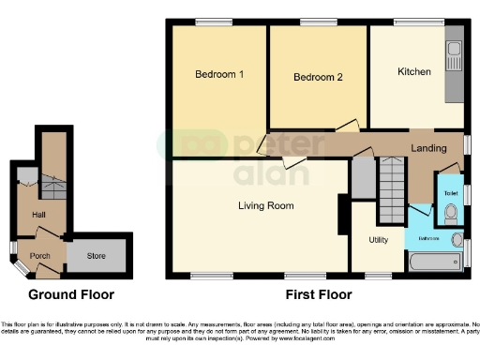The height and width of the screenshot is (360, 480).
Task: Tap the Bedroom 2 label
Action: tap(317, 77)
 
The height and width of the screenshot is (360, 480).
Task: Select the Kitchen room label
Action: tap(413, 71)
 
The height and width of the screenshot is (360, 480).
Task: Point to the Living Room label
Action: tap(265, 205)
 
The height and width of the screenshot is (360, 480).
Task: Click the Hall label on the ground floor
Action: tap(38, 215)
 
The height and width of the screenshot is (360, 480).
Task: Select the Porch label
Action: tap(40, 255)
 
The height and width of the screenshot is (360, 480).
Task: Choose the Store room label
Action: tap(97, 253)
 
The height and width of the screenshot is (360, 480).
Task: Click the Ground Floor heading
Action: tap(71, 294)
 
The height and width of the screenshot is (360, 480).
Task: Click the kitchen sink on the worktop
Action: tap(456, 47)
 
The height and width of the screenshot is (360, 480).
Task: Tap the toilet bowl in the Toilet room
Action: tap(451, 212)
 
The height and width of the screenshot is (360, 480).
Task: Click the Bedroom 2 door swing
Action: tap(347, 125)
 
